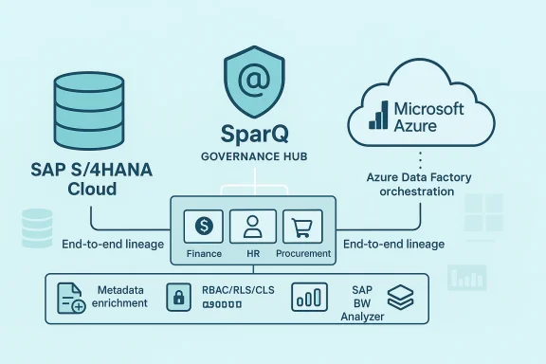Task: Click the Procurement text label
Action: (303, 254)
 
